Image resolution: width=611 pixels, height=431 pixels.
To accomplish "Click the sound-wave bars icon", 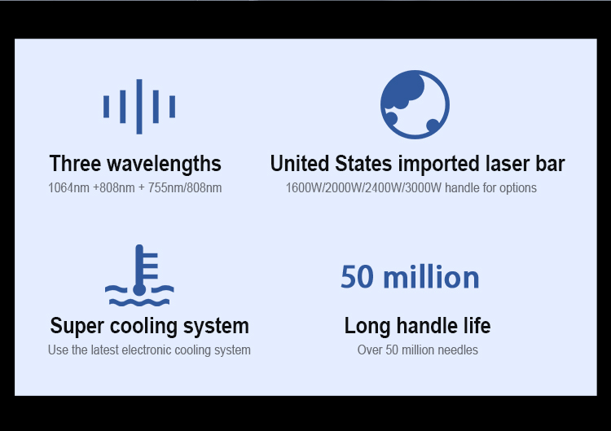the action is coord(139,107).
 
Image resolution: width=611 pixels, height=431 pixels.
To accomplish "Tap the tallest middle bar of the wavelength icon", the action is coord(139,107).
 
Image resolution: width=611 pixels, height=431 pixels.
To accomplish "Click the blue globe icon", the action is coord(415,104).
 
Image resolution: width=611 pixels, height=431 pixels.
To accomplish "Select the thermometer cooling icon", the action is coord(139,275).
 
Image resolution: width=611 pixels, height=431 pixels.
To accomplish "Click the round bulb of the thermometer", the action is coord(139,289).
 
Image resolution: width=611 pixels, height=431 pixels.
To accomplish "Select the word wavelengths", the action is coord(164,164).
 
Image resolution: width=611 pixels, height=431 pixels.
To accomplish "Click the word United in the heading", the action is coord(300,163).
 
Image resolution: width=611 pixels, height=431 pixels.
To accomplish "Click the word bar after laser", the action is coord(550,163).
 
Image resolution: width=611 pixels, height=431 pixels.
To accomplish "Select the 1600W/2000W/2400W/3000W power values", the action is coord(363,188).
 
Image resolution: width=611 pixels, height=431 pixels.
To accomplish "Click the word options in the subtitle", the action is coord(518,188).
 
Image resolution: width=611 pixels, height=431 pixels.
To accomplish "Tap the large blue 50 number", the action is coord(357,277).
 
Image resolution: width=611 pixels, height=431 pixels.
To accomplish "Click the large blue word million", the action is coord(431,276).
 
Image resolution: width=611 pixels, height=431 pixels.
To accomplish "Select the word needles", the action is coord(458,350).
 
